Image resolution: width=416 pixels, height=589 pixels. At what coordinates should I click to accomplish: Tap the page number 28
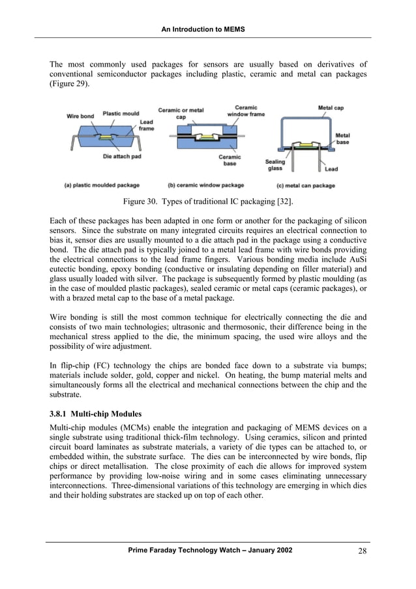[x=363, y=552]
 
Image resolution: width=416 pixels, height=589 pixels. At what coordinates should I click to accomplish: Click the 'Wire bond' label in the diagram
[x=81, y=116]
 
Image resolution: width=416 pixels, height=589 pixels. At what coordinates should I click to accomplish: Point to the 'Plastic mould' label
[x=121, y=112]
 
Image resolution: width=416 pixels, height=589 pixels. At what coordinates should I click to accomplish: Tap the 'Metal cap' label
[x=332, y=108]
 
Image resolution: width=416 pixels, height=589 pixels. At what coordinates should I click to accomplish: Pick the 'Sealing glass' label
[x=275, y=165]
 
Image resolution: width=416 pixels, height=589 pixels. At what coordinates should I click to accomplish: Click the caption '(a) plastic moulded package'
[x=102, y=185]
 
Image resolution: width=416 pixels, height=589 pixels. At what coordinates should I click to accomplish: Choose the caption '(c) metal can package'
[x=305, y=185]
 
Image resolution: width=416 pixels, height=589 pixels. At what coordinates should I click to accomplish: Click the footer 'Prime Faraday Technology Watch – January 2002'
[x=208, y=551]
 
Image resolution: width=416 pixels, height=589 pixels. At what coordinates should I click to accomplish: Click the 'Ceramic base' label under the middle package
[x=230, y=160]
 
